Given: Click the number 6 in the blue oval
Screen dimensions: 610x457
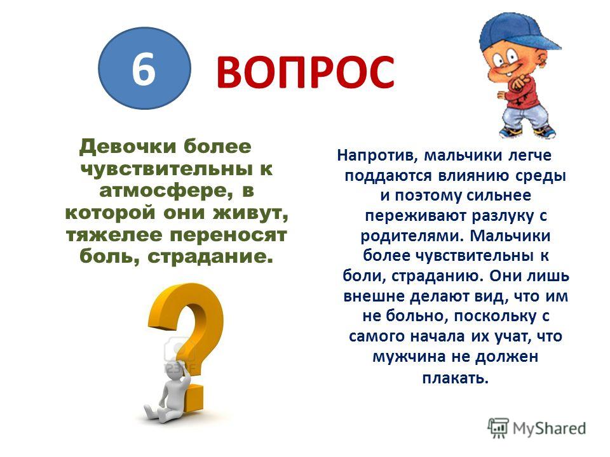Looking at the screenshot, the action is pyautogui.click(x=144, y=69).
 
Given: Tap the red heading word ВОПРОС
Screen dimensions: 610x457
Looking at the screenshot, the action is pyautogui.click(x=305, y=72).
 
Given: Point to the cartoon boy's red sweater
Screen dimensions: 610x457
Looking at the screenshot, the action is pyautogui.click(x=523, y=92).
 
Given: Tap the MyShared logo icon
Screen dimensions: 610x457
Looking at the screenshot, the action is pyautogui.click(x=498, y=428).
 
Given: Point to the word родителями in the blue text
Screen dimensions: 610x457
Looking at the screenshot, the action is pyautogui.click(x=412, y=236).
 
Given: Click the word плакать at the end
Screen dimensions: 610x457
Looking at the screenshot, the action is pyautogui.click(x=455, y=378).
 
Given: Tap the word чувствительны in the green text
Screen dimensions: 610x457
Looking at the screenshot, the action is pyautogui.click(x=165, y=169).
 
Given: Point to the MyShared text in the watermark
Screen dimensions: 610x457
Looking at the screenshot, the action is pyautogui.click(x=549, y=428).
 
